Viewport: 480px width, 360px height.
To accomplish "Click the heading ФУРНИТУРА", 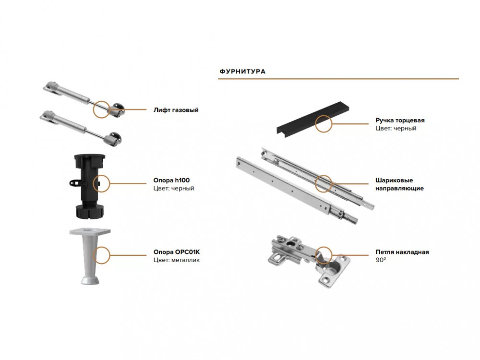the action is point(242,72).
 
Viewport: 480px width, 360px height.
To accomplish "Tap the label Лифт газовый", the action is point(176,110).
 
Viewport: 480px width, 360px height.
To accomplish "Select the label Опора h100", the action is point(171,180).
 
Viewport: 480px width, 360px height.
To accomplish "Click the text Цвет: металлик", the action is point(177,260).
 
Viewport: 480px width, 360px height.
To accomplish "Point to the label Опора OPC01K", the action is point(177,252).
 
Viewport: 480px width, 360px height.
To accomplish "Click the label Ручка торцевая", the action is point(400,120).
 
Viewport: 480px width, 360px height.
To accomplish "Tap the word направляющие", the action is point(399,188).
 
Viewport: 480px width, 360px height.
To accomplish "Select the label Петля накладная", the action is point(402,252).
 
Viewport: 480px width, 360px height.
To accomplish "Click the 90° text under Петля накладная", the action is point(381,260).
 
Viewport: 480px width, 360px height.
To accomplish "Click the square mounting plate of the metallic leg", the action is point(90,231).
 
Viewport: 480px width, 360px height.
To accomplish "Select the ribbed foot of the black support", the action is point(90,212).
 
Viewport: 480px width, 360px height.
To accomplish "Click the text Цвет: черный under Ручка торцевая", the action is point(396,128).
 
